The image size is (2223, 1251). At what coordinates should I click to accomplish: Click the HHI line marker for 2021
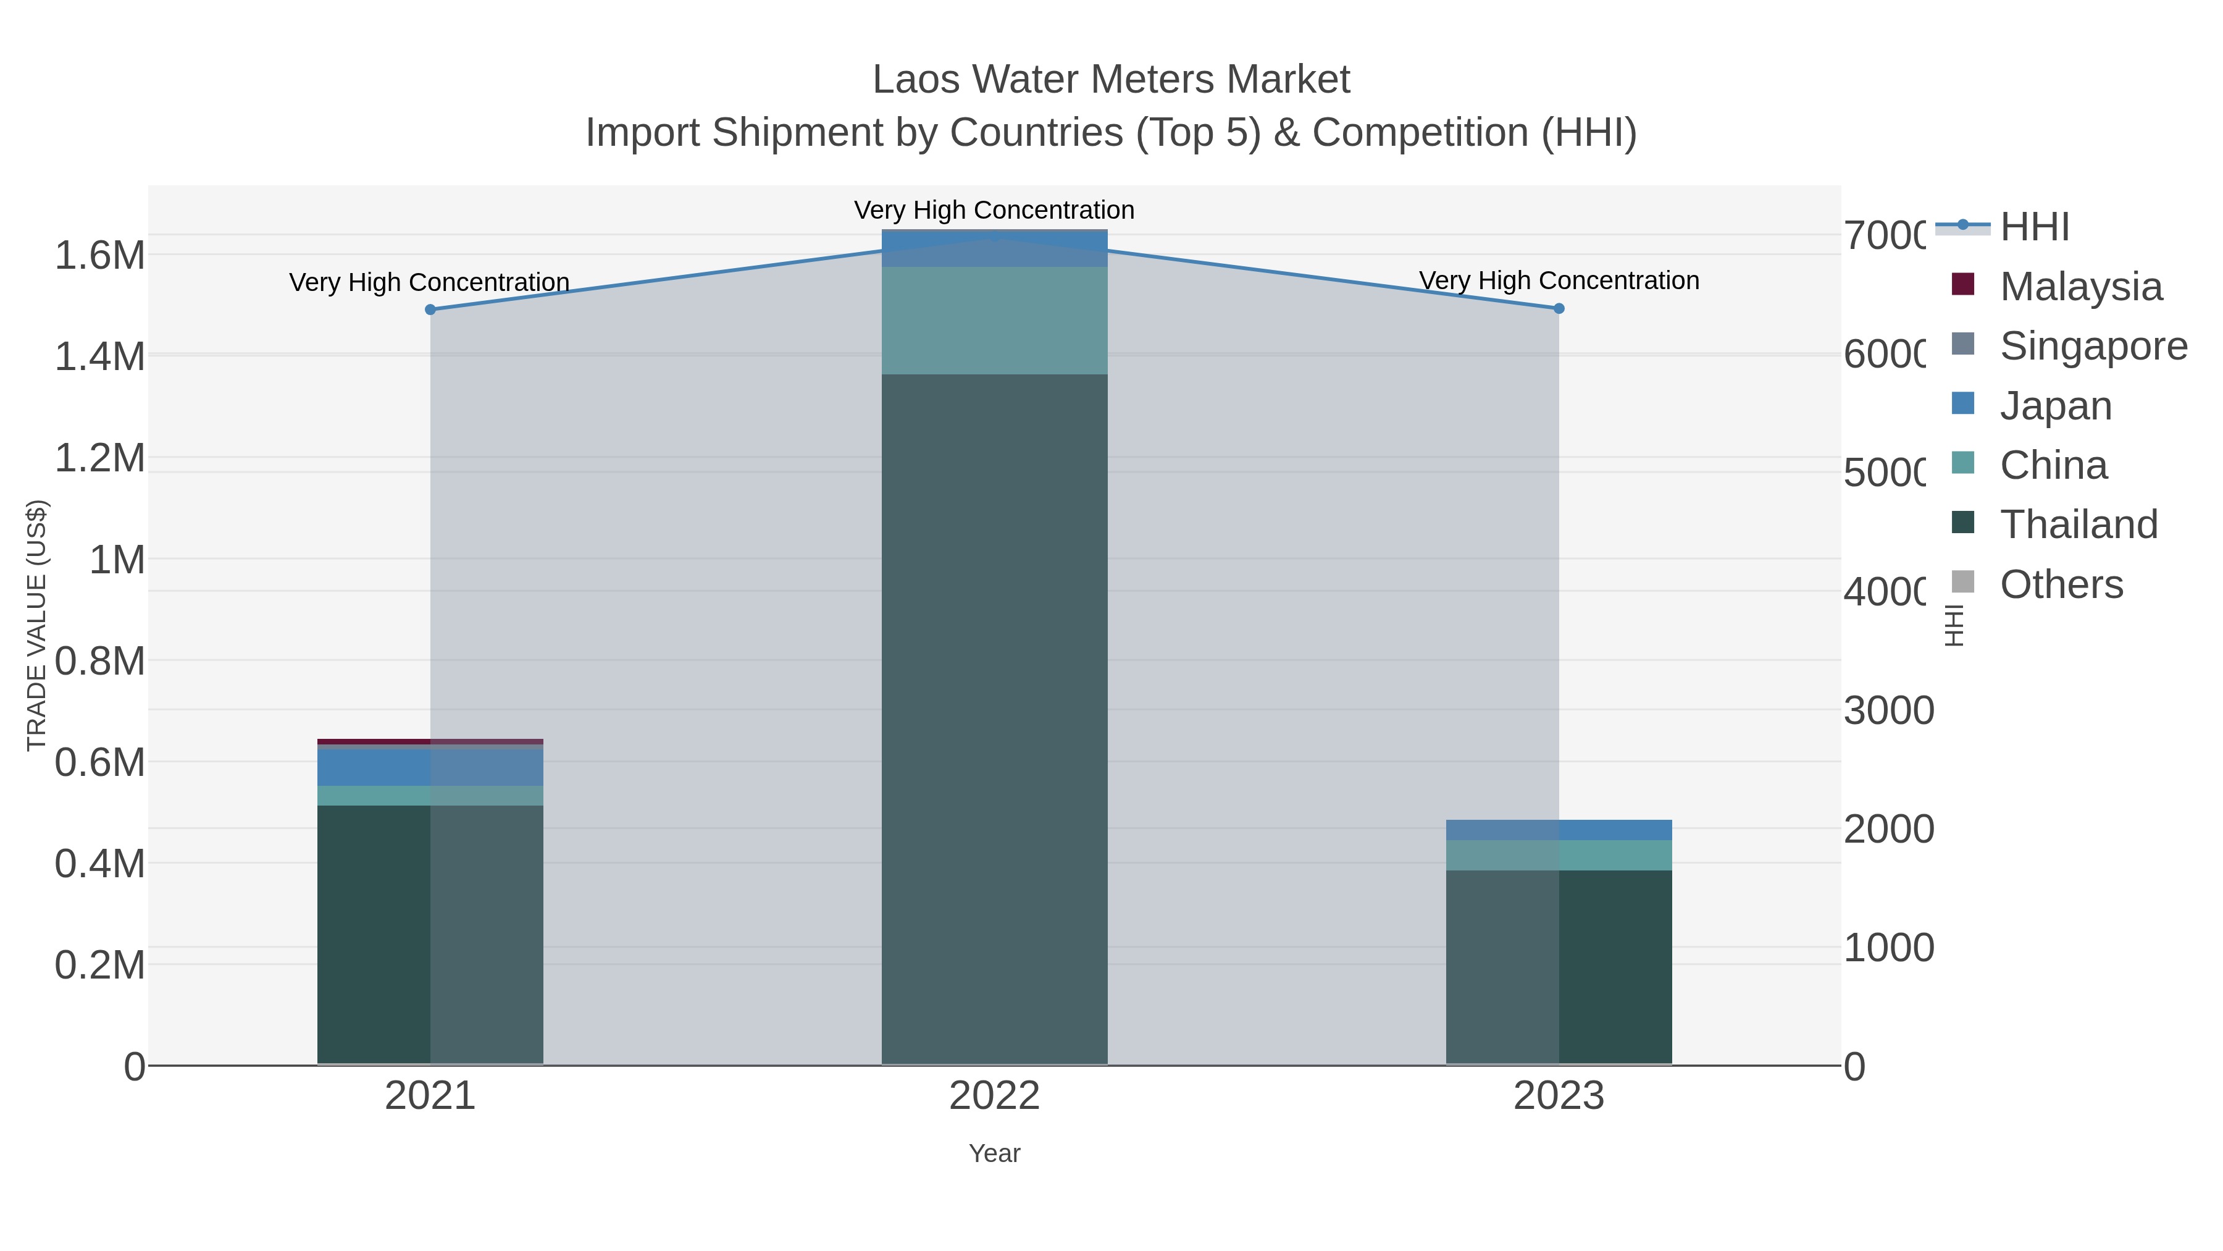tap(430, 309)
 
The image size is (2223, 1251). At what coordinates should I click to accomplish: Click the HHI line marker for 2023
tap(1559, 308)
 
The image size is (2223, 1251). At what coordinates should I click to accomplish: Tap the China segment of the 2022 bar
tap(994, 320)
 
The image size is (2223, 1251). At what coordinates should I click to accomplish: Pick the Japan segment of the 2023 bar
tap(1559, 830)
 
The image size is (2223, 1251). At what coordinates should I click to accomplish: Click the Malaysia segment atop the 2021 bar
tap(430, 741)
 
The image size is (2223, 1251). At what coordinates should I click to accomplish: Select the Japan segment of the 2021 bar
tap(430, 767)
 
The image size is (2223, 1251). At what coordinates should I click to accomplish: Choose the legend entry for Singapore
tap(2093, 346)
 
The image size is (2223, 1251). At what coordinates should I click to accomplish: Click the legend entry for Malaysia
tap(2080, 287)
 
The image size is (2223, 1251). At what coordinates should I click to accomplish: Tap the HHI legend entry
tap(2034, 227)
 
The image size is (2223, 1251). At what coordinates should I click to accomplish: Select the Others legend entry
tap(2061, 584)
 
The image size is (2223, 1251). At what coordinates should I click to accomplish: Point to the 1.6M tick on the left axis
tap(99, 256)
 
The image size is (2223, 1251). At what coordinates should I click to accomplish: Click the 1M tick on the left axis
tap(117, 560)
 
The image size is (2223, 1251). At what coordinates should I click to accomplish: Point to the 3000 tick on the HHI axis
tap(1888, 710)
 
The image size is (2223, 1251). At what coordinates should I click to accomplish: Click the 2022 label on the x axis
tap(994, 1095)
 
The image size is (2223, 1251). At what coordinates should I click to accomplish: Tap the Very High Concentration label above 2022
tap(994, 210)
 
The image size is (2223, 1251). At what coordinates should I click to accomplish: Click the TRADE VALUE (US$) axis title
tap(36, 625)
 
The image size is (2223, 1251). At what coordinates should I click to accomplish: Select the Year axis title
tap(994, 1153)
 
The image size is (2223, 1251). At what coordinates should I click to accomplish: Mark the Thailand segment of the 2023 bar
tap(1559, 967)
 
